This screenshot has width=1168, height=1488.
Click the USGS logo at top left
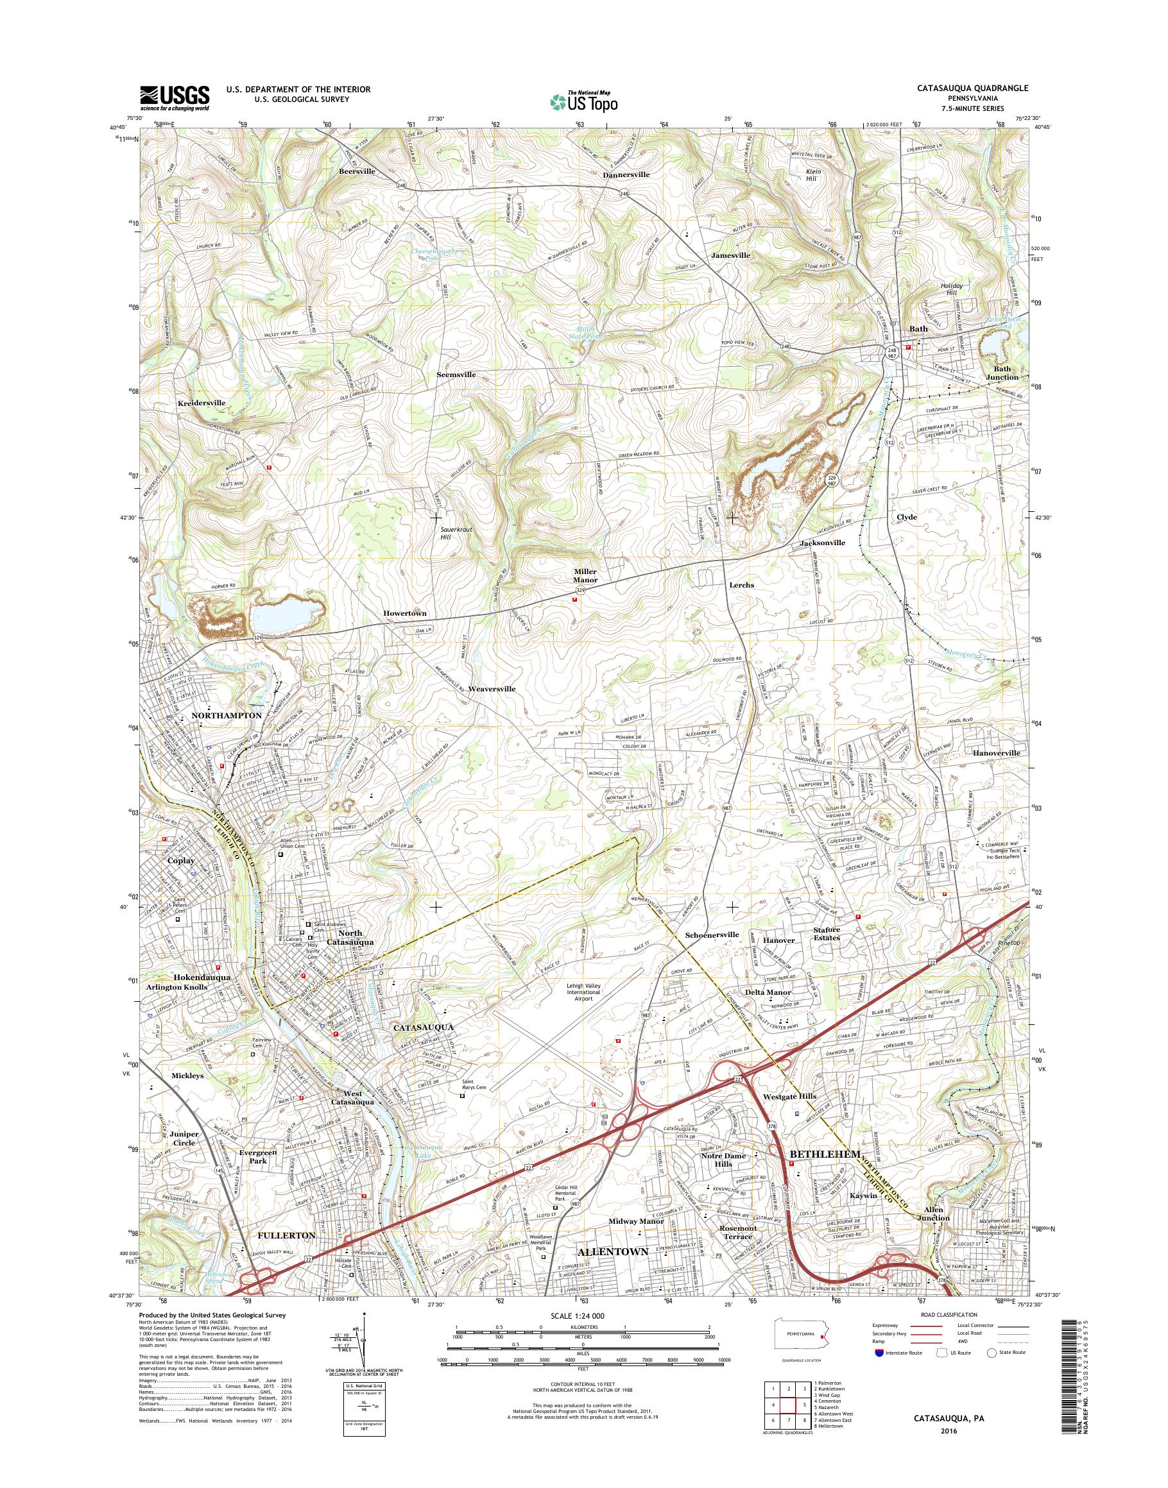(175, 97)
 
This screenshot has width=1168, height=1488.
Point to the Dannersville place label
(626, 174)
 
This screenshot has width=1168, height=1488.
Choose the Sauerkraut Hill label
(456, 533)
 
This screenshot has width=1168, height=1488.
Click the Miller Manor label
(585, 575)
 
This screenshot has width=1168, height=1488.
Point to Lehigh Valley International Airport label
(583, 992)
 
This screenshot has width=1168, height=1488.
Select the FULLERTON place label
(286, 1236)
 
